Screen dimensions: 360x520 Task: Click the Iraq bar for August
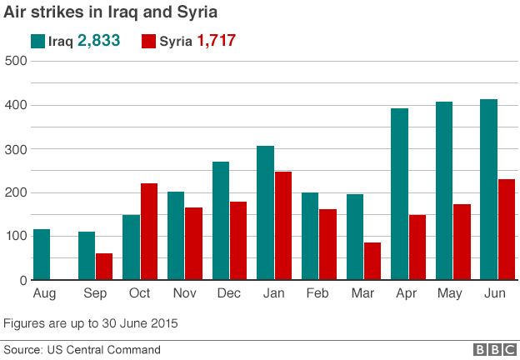click(x=42, y=254)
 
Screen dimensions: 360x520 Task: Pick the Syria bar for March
click(x=372, y=261)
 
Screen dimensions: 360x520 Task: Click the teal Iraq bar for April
click(x=399, y=194)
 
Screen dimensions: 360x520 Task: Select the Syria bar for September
click(x=104, y=267)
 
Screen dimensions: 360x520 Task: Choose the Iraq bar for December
click(x=221, y=221)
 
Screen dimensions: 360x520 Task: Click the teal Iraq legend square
click(x=38, y=41)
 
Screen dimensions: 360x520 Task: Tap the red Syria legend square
click(x=150, y=41)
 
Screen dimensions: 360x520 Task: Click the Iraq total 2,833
click(x=99, y=41)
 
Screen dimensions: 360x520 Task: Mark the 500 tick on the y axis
click(x=16, y=61)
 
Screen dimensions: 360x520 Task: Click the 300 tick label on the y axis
click(x=16, y=148)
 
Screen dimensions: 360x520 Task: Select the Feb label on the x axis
click(x=318, y=294)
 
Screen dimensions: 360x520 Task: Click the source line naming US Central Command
click(x=82, y=350)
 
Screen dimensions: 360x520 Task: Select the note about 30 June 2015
click(x=91, y=322)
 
